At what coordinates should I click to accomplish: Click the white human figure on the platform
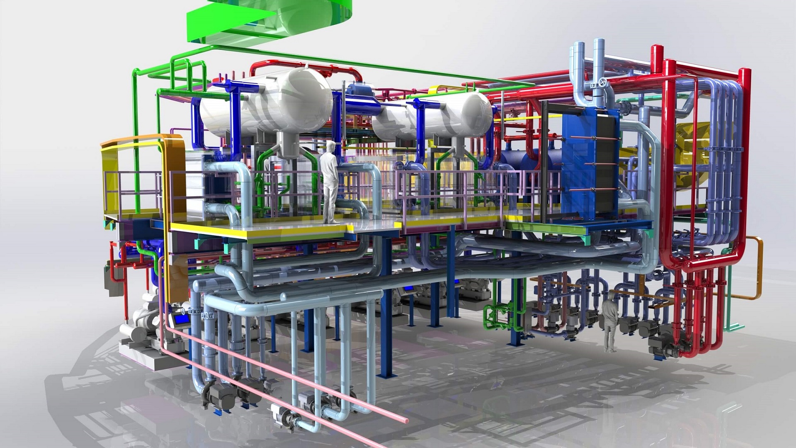330,183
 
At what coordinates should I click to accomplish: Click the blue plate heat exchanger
589,162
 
